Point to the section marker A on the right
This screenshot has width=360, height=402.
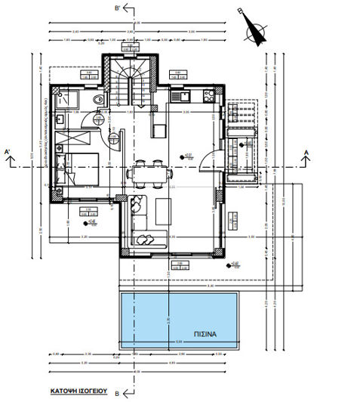[x=306, y=153]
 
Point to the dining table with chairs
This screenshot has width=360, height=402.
[x=146, y=172]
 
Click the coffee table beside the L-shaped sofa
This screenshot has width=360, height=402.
[x=163, y=211]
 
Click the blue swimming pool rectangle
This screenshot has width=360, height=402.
[x=181, y=321]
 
